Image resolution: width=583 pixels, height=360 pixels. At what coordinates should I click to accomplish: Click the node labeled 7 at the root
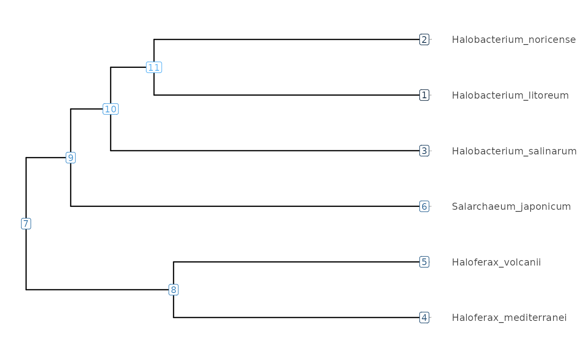(26, 224)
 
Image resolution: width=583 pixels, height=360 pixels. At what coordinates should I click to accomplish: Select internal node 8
(174, 290)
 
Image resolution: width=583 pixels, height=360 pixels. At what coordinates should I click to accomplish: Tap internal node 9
(70, 158)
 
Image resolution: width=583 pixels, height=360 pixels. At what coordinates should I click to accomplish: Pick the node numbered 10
(111, 109)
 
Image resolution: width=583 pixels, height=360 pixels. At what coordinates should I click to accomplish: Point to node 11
(154, 67)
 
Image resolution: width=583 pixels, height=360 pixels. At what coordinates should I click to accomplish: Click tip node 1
(424, 95)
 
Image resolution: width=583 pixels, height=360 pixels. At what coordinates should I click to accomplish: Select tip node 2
(424, 40)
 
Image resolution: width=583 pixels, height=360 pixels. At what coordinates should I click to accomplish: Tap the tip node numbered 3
(424, 151)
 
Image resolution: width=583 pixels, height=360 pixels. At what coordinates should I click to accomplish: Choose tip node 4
(424, 317)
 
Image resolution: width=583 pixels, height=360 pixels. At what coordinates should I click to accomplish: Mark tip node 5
(424, 262)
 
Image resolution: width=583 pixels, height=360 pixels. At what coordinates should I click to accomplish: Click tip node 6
(424, 206)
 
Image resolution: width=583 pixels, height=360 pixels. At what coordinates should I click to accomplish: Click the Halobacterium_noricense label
(514, 40)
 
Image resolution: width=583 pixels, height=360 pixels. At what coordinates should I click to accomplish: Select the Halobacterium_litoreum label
(510, 95)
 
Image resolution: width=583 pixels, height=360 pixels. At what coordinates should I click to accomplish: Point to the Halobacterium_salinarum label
(514, 151)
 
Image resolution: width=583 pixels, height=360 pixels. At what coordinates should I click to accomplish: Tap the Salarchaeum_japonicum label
(511, 207)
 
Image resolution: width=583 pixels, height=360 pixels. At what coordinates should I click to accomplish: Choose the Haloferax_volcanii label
(496, 262)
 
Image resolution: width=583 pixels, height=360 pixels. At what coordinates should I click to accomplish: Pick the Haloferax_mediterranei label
(509, 318)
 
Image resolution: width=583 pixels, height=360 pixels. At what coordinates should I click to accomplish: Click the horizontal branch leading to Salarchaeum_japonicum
(245, 206)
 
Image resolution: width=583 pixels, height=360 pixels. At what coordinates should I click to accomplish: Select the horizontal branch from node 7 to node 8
(97, 290)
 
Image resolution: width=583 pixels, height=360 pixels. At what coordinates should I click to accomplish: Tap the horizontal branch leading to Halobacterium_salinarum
(265, 151)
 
